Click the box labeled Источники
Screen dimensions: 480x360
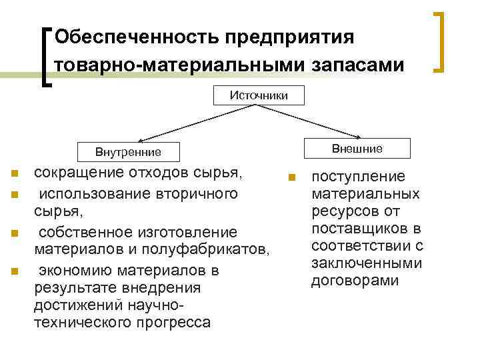259,95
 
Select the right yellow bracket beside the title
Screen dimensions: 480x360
440,41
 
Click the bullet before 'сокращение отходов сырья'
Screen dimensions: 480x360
14,175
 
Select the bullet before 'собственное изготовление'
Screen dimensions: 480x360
14,234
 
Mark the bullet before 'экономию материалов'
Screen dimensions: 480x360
14,272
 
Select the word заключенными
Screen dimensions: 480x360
367,263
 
